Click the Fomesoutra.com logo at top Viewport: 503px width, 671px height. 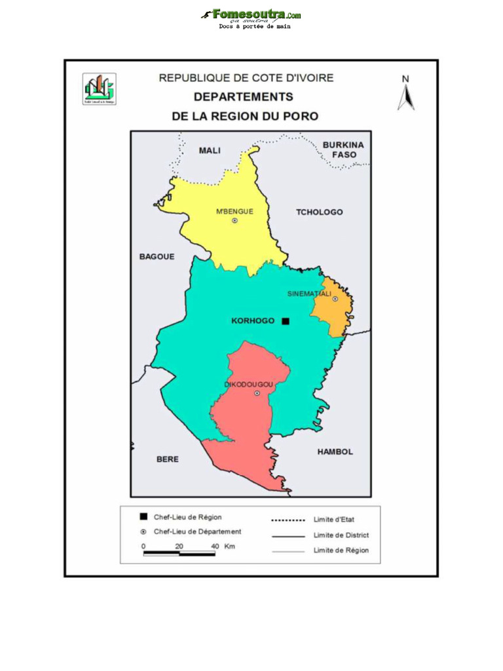click(251, 14)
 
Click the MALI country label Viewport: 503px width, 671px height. click(210, 151)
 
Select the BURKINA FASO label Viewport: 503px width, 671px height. click(343, 149)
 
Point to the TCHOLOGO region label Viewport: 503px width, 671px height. click(319, 212)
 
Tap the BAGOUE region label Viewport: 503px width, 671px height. click(157, 257)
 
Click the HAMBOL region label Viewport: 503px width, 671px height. click(335, 452)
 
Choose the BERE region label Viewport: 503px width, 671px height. click(168, 459)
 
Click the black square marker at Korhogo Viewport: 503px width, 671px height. click(286, 321)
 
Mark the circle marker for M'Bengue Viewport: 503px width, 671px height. click(234, 221)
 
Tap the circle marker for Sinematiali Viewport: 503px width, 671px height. click(335, 299)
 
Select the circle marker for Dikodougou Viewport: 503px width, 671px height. click(257, 393)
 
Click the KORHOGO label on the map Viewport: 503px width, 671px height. click(253, 321)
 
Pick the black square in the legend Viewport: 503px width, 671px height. click(144, 517)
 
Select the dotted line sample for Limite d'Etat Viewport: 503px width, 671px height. click(288, 520)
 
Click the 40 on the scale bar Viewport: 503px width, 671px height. click(215, 546)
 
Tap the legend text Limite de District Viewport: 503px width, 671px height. click(341, 535)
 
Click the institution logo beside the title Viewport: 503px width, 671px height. click(100, 89)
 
